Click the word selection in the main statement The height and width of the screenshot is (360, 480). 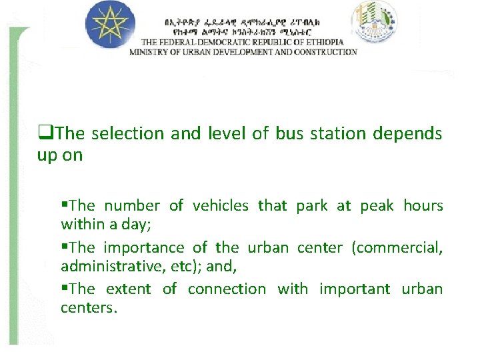point(129,133)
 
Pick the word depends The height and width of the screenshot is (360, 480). point(407,133)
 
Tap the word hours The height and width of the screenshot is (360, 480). point(423,206)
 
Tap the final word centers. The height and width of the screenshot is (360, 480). point(89,307)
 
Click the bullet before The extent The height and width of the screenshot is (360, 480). point(65,289)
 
